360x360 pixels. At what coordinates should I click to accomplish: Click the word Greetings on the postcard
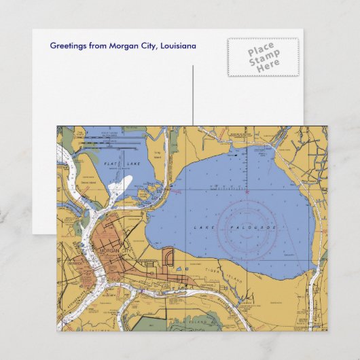(x=68, y=46)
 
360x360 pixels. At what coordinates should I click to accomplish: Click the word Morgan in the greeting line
(x=118, y=46)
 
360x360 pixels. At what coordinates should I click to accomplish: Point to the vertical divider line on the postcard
(x=192, y=95)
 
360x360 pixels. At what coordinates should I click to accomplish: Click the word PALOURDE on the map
(x=253, y=227)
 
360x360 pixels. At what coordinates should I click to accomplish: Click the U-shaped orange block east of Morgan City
(x=168, y=257)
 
